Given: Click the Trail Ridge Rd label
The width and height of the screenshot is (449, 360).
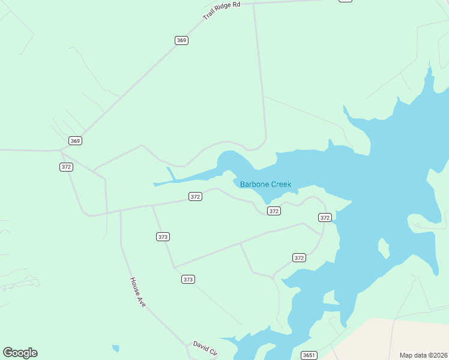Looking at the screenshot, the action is [221, 11].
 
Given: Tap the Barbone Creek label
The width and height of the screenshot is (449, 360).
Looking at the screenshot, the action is [265, 184].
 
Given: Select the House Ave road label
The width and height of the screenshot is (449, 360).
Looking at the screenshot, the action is [137, 292].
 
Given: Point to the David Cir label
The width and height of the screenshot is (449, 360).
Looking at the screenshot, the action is [205, 348].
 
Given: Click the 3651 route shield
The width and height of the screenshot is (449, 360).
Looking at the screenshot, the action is [309, 355].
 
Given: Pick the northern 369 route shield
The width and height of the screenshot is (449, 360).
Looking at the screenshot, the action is [182, 40].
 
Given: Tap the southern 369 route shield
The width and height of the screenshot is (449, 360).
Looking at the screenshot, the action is [74, 140].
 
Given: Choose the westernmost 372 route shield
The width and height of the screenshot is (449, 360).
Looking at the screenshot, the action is [66, 167].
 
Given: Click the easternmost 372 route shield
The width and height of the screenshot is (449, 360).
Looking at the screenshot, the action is [325, 217].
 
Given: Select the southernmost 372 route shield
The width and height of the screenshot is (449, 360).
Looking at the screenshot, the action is [300, 257].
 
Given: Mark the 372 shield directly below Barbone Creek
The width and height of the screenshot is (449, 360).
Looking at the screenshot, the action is [274, 211].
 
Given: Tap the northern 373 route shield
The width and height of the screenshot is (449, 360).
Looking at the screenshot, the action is [163, 236].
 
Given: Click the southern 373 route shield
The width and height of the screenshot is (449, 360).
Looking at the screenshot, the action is [188, 279].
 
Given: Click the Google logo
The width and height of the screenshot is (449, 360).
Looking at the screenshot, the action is [20, 353].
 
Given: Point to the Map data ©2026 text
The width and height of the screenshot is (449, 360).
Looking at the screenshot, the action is [424, 355].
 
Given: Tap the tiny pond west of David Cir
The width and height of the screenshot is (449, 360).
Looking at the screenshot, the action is [115, 348].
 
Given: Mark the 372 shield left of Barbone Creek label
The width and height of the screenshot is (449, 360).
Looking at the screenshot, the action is [195, 196].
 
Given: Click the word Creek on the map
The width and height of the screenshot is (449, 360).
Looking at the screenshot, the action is [280, 184].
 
